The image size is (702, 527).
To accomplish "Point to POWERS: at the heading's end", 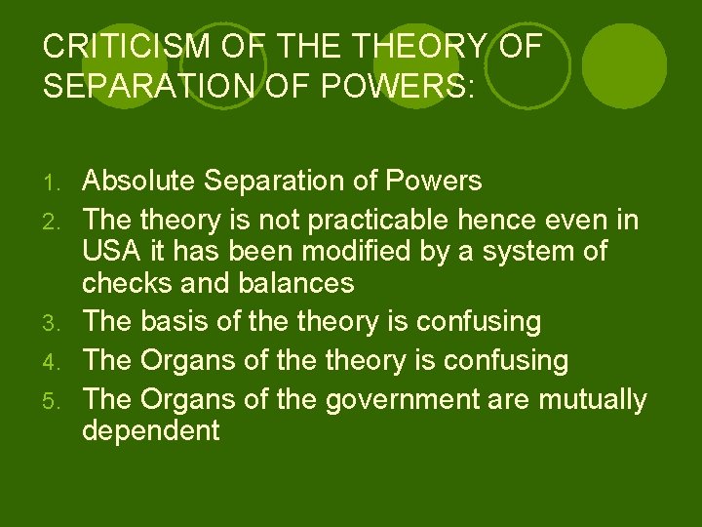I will [x=398, y=87].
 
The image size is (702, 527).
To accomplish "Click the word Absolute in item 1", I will [x=140, y=181].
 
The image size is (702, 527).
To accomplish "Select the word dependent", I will [x=151, y=430].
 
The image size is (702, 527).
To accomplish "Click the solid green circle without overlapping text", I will [x=624, y=64].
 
